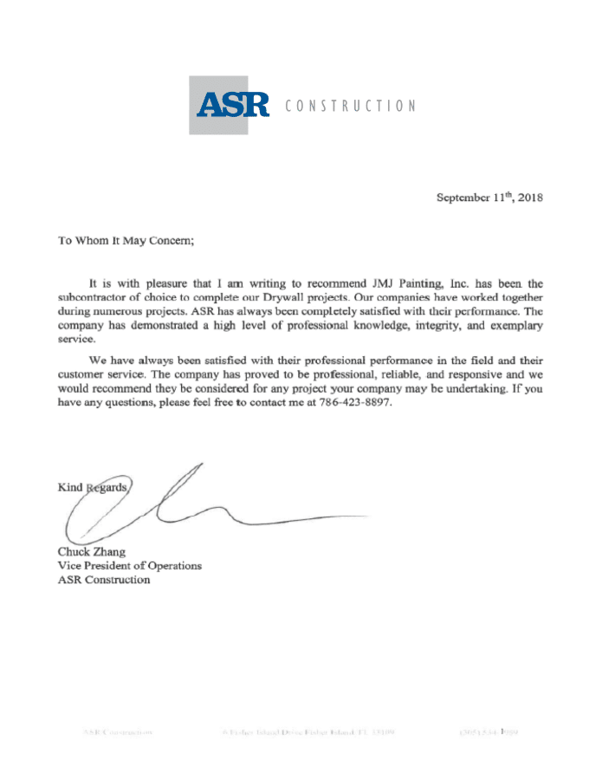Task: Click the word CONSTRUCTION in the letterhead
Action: tap(350, 106)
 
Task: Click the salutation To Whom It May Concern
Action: tap(126, 241)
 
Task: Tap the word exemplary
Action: tap(514, 324)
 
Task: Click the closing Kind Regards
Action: tap(94, 487)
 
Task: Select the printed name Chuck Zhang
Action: tap(91, 551)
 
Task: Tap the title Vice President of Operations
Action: tap(129, 565)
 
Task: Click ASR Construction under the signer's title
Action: tap(103, 579)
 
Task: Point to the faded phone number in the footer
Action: tap(490, 732)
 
